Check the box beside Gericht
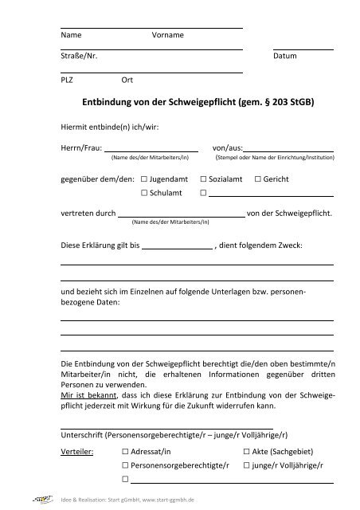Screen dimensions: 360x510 (256, 180)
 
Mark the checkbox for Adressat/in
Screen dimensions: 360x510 (125, 451)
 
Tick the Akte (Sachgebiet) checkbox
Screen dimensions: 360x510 (246, 451)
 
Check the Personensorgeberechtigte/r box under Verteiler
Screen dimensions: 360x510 (125, 465)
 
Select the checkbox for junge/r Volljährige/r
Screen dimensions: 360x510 (246, 465)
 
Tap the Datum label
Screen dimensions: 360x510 (284, 57)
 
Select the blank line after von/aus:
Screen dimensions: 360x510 (288, 150)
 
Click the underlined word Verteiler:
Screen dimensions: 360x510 (77, 451)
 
